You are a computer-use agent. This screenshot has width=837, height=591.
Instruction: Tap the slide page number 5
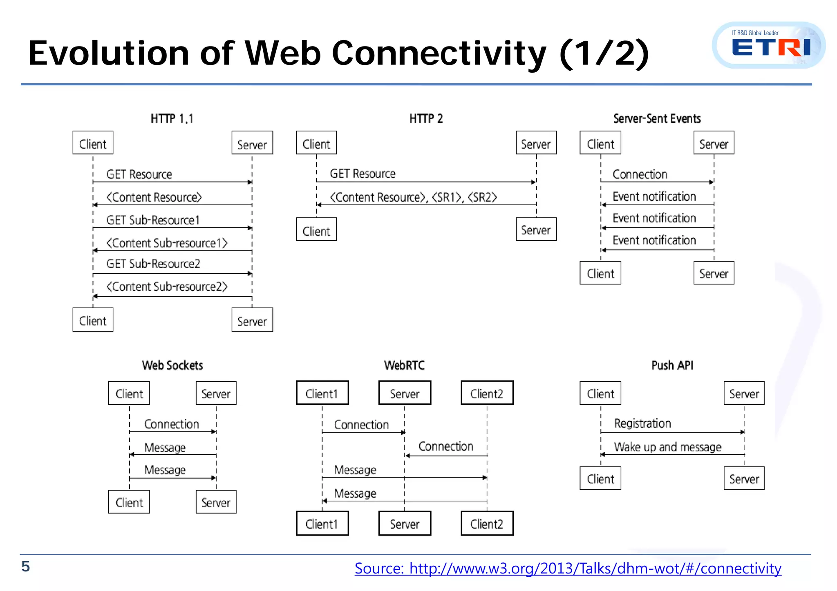25,566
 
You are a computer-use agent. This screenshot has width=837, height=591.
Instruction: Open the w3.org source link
568,568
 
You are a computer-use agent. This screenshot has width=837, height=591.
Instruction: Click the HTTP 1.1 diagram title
172,119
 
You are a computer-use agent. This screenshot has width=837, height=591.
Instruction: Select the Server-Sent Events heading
657,119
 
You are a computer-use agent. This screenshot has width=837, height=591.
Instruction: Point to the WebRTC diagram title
404,365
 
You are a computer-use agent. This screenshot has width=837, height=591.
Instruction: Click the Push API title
672,365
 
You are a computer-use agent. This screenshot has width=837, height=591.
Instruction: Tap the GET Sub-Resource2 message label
153,264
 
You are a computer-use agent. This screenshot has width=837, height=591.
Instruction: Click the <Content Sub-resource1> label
167,243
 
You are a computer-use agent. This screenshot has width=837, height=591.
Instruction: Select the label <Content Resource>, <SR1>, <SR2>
413,198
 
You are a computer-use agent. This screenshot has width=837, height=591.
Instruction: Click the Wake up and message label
667,447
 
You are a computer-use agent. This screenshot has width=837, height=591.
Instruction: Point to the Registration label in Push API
642,424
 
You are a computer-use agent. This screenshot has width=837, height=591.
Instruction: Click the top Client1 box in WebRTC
322,393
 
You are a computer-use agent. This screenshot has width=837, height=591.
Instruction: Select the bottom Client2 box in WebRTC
487,523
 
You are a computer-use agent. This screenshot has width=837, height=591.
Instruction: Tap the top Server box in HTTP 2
536,143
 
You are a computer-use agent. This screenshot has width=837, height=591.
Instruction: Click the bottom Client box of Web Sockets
129,502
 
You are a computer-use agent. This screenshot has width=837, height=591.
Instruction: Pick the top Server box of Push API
744,393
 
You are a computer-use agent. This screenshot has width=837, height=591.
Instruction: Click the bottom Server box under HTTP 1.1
252,320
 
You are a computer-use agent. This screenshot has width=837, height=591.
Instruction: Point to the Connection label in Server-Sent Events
640,175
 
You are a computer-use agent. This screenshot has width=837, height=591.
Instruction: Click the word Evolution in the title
108,53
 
